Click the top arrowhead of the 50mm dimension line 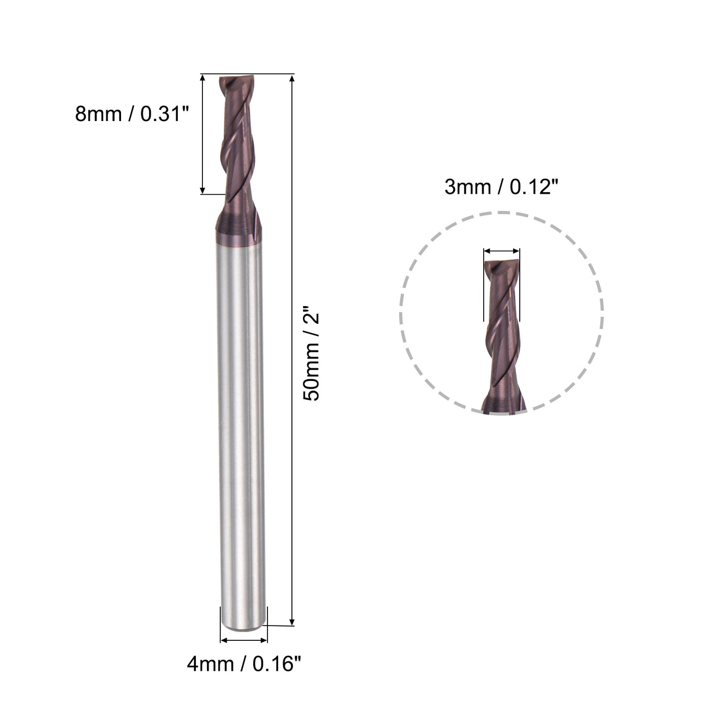coord(292,79)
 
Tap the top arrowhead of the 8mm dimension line coord(202,79)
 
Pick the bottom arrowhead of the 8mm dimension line coord(202,190)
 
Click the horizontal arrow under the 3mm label coord(501,251)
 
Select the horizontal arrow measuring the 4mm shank coord(244,640)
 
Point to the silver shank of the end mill coord(240,432)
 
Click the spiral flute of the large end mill coord(235,153)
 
